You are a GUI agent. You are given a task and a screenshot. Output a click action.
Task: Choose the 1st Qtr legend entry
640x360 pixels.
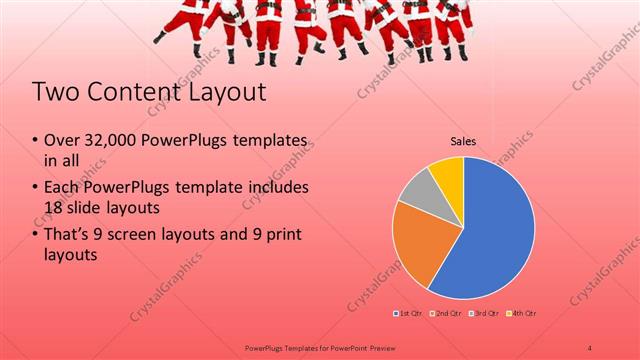coord(407,315)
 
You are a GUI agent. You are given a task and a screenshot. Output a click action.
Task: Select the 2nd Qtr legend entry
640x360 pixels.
coord(444,315)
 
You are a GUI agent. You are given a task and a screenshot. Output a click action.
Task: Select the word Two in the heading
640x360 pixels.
coord(53,93)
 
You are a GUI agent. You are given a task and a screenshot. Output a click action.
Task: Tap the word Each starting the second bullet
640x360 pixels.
coord(63,188)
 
